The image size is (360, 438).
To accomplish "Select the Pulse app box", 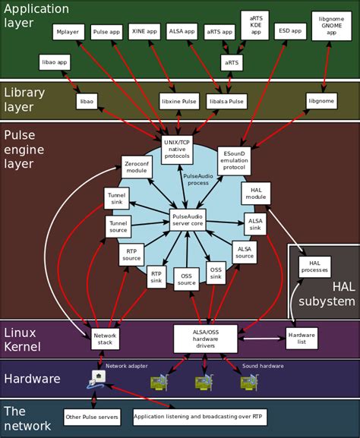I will pyautogui.click(x=106, y=32).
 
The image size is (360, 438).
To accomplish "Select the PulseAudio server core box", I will pyautogui.click(x=188, y=220).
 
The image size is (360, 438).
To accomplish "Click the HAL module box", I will pyautogui.click(x=256, y=194).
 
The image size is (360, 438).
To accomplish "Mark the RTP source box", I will pyautogui.click(x=131, y=254).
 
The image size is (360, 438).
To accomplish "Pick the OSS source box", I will pyautogui.click(x=186, y=279).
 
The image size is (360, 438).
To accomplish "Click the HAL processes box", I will pyautogui.click(x=314, y=266).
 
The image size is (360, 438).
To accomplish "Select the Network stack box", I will pyautogui.click(x=105, y=339).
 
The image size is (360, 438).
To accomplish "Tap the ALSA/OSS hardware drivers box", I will pyautogui.click(x=206, y=339).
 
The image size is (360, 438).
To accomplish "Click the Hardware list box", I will pyautogui.click(x=302, y=339).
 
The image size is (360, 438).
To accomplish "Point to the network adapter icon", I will pyautogui.click(x=97, y=377).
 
